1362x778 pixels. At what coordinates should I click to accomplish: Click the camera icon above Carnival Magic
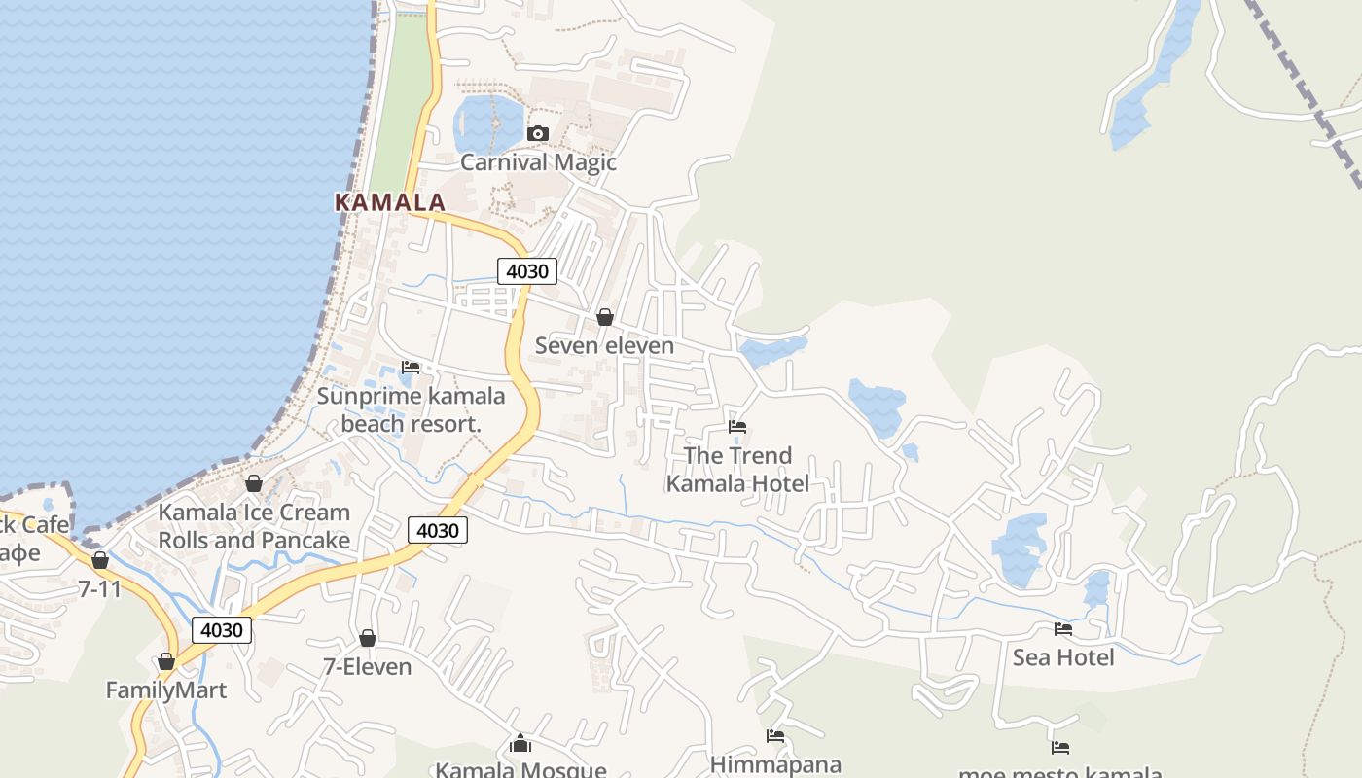click(x=537, y=133)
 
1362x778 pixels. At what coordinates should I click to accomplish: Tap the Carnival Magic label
click(x=538, y=162)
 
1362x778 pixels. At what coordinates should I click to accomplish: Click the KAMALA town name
click(x=390, y=202)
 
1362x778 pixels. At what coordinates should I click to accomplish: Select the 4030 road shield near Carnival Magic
click(x=527, y=271)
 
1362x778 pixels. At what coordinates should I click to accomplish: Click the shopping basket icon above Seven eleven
click(x=604, y=317)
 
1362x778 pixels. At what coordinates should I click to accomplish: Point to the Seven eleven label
click(x=604, y=346)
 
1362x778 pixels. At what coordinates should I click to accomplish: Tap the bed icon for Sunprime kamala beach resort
click(x=411, y=368)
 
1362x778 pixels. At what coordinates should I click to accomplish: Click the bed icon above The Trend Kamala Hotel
click(x=737, y=426)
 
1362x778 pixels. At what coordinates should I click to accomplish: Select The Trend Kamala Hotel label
click(x=737, y=469)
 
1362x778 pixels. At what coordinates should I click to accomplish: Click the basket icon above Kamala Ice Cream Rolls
click(x=254, y=483)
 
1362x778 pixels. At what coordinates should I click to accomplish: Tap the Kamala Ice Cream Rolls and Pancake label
click(x=254, y=526)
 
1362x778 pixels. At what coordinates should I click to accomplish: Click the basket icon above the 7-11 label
click(x=99, y=560)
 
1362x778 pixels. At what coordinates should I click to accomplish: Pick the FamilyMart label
click(x=166, y=690)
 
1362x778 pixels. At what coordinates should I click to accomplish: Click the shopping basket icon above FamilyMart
click(x=166, y=662)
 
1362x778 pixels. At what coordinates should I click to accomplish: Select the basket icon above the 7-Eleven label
click(x=368, y=638)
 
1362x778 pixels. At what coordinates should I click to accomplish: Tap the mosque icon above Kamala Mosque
click(x=520, y=744)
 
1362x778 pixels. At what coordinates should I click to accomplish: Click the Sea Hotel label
click(x=1063, y=658)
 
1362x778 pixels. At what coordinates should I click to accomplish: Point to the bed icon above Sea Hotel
click(x=1063, y=629)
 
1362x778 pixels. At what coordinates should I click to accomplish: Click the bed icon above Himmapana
click(x=775, y=736)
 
